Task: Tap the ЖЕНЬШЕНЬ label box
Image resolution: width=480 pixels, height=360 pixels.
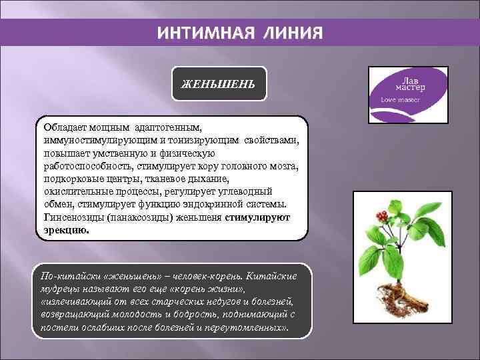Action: [219, 84]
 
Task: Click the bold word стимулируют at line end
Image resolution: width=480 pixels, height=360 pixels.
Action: [257, 217]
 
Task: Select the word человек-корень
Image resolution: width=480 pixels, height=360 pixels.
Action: [204, 276]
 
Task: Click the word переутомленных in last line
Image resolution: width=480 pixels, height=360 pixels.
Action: [247, 327]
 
